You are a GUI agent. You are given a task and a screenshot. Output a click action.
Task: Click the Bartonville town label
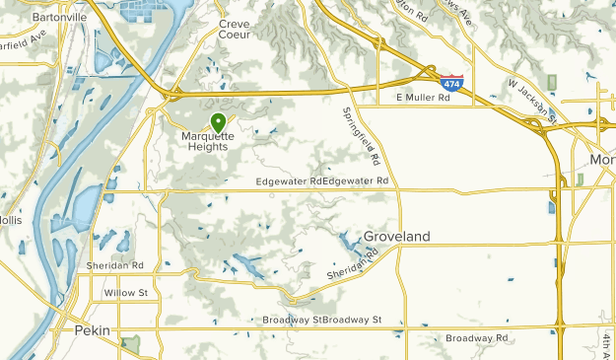(59, 17)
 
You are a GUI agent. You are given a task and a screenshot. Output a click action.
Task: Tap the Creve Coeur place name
(236, 28)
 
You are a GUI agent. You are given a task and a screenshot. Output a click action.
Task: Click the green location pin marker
(217, 122)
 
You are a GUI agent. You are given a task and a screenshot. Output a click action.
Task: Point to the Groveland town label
(397, 237)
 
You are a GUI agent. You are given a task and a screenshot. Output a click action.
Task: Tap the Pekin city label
(93, 330)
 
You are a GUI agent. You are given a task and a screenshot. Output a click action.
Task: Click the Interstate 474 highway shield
(451, 85)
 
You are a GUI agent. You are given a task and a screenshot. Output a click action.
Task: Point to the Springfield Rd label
(361, 135)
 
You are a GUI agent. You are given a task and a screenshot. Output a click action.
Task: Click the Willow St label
(125, 293)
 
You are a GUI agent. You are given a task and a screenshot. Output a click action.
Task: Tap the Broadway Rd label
(477, 338)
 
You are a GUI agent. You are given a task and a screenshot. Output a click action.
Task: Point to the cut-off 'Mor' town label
(602, 159)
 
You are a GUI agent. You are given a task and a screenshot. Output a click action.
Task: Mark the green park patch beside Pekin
(130, 344)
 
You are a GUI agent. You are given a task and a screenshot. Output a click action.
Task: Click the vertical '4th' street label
(605, 341)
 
